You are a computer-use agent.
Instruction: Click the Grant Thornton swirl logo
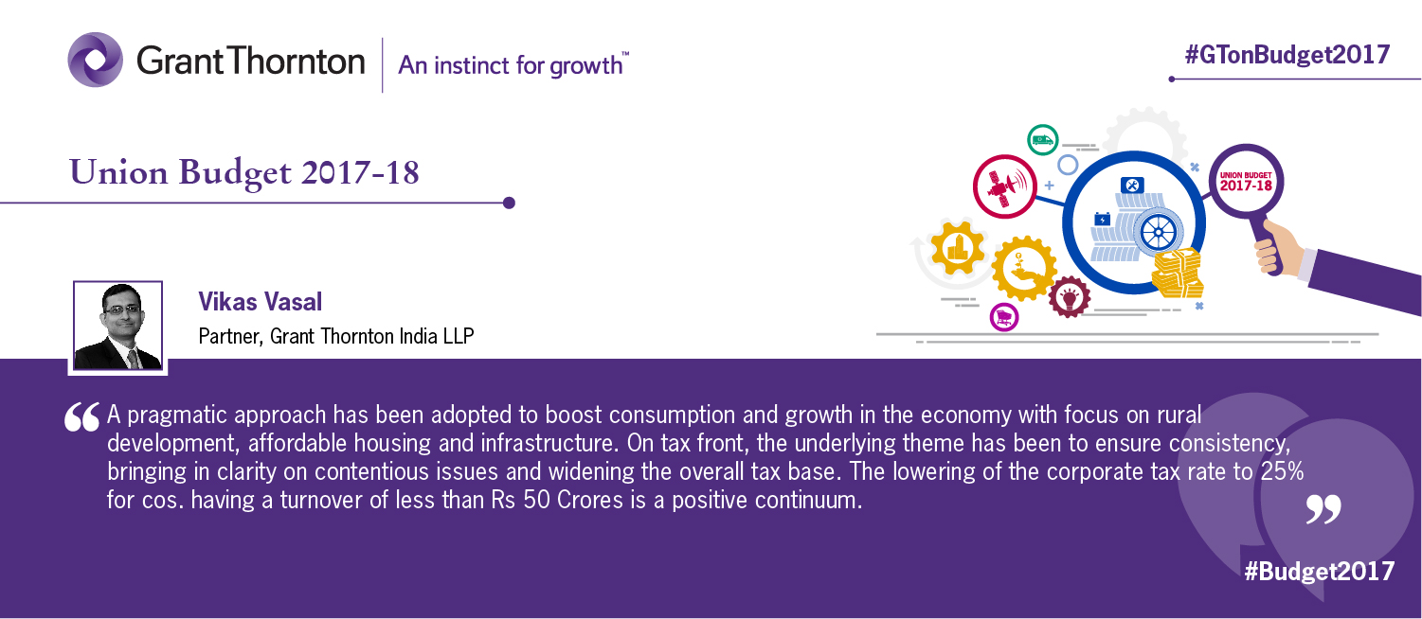click(x=96, y=60)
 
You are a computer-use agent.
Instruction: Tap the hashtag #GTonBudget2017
click(x=1287, y=55)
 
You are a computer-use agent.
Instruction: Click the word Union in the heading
click(x=118, y=172)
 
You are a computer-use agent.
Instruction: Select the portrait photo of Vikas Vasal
click(x=118, y=326)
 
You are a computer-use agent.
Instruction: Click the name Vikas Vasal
click(x=261, y=302)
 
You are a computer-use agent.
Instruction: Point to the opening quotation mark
click(x=81, y=417)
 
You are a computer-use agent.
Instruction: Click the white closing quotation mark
click(x=1323, y=509)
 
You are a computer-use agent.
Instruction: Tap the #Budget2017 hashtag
click(x=1319, y=571)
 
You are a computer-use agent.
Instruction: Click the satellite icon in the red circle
click(x=1005, y=186)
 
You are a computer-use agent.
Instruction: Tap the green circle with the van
click(x=1042, y=140)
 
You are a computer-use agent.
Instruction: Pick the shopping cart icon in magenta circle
click(x=1004, y=317)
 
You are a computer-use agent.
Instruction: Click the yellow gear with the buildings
click(x=958, y=247)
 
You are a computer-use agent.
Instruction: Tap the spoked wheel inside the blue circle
click(x=1159, y=232)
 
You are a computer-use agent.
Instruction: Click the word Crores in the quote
click(x=590, y=500)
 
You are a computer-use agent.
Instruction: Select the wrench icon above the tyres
click(x=1132, y=186)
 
